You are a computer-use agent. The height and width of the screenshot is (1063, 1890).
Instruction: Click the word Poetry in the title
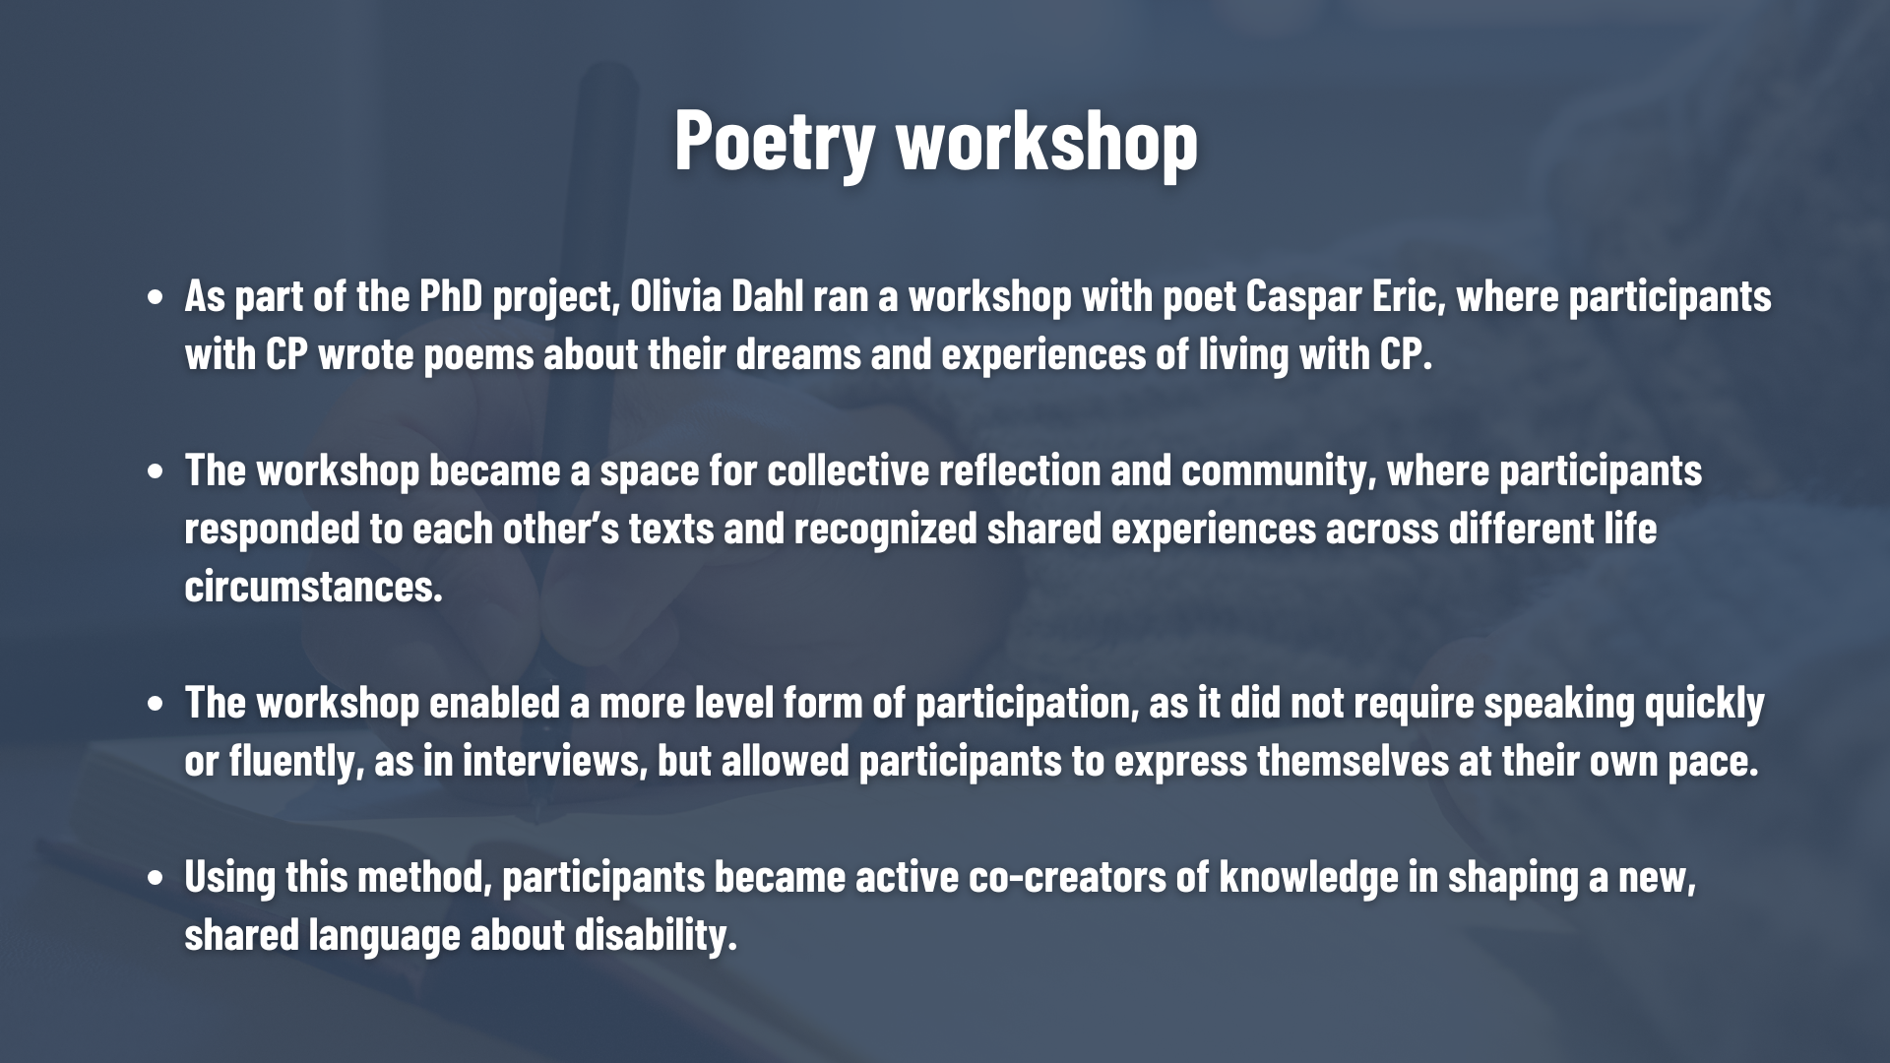point(774,141)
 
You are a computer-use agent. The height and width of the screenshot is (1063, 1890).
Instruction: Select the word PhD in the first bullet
point(452,295)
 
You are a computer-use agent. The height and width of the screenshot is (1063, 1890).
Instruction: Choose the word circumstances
point(314,587)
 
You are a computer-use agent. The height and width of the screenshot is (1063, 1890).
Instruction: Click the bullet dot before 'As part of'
point(155,297)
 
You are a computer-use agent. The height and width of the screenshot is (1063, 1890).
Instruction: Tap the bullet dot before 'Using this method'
point(155,878)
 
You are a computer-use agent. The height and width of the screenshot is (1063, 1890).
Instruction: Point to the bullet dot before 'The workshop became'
point(155,471)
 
